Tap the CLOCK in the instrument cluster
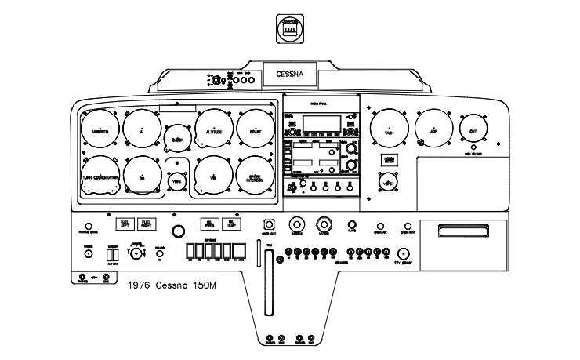click(178, 138)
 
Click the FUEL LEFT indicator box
click(125, 224)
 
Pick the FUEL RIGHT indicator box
click(146, 224)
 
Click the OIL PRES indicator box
click(209, 224)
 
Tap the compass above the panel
click(289, 28)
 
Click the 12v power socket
click(404, 254)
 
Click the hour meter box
click(387, 159)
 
